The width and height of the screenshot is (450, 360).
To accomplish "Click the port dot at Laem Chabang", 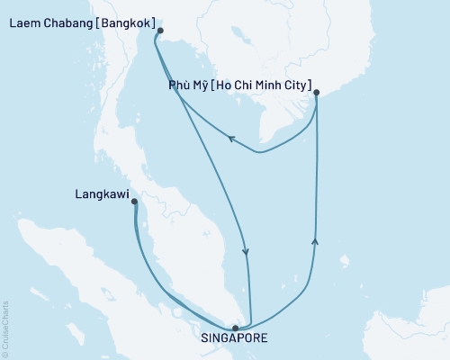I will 160,31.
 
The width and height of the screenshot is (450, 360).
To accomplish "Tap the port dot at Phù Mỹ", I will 316,91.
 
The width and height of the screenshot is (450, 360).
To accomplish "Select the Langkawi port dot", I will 134,202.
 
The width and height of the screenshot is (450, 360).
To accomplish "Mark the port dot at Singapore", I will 236,328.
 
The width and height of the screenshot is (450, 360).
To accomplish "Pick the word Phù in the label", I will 179,87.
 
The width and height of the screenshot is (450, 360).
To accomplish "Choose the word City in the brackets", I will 295,87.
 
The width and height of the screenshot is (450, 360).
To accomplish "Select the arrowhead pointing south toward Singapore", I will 247,253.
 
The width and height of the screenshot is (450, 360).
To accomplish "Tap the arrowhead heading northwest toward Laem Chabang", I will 230,139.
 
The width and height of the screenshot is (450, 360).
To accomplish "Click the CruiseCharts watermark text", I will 5,325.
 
